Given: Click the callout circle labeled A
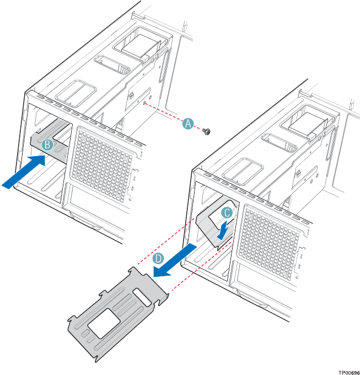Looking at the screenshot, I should (x=188, y=124).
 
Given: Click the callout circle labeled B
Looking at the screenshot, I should (x=48, y=144).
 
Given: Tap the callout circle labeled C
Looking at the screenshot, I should (x=226, y=212).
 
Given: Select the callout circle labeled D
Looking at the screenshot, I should (x=158, y=259).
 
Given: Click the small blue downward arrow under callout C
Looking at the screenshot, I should (x=223, y=229).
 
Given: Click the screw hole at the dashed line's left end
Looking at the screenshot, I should (x=144, y=103).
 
